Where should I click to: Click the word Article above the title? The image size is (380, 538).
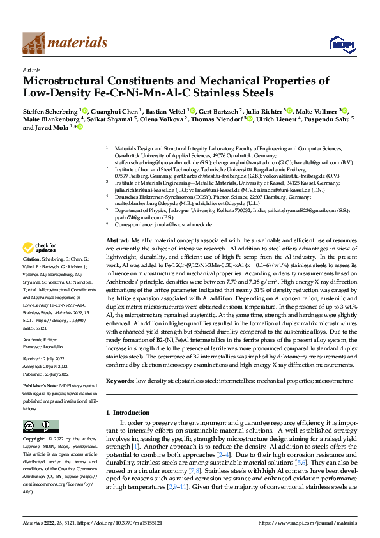(31, 70)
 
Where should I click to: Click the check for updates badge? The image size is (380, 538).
(40, 247)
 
